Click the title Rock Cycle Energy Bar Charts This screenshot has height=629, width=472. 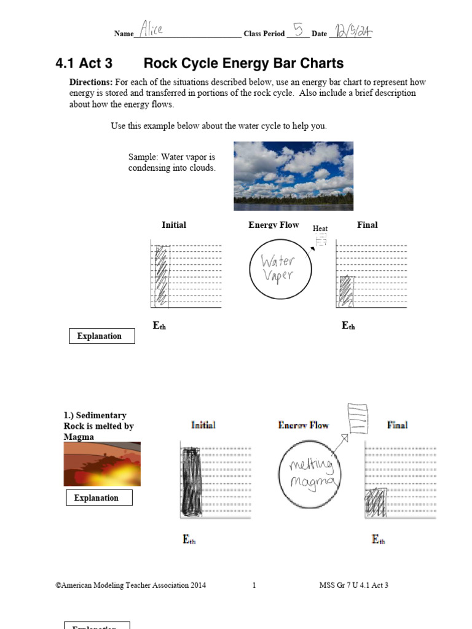coord(243,63)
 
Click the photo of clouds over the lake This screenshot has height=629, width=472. coord(293,176)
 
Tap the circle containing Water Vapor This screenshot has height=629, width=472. coord(280,268)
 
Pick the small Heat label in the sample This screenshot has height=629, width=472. coord(320,229)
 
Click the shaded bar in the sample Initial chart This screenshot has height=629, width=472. coord(161,275)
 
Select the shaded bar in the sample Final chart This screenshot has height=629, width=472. coord(347,291)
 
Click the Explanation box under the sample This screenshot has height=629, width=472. coord(101,336)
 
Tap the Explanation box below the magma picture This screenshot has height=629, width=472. coord(99,498)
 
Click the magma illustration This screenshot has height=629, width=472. coord(102,464)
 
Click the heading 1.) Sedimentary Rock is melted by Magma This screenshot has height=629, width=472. coord(98,426)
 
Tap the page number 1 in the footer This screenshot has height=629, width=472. coord(254,585)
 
